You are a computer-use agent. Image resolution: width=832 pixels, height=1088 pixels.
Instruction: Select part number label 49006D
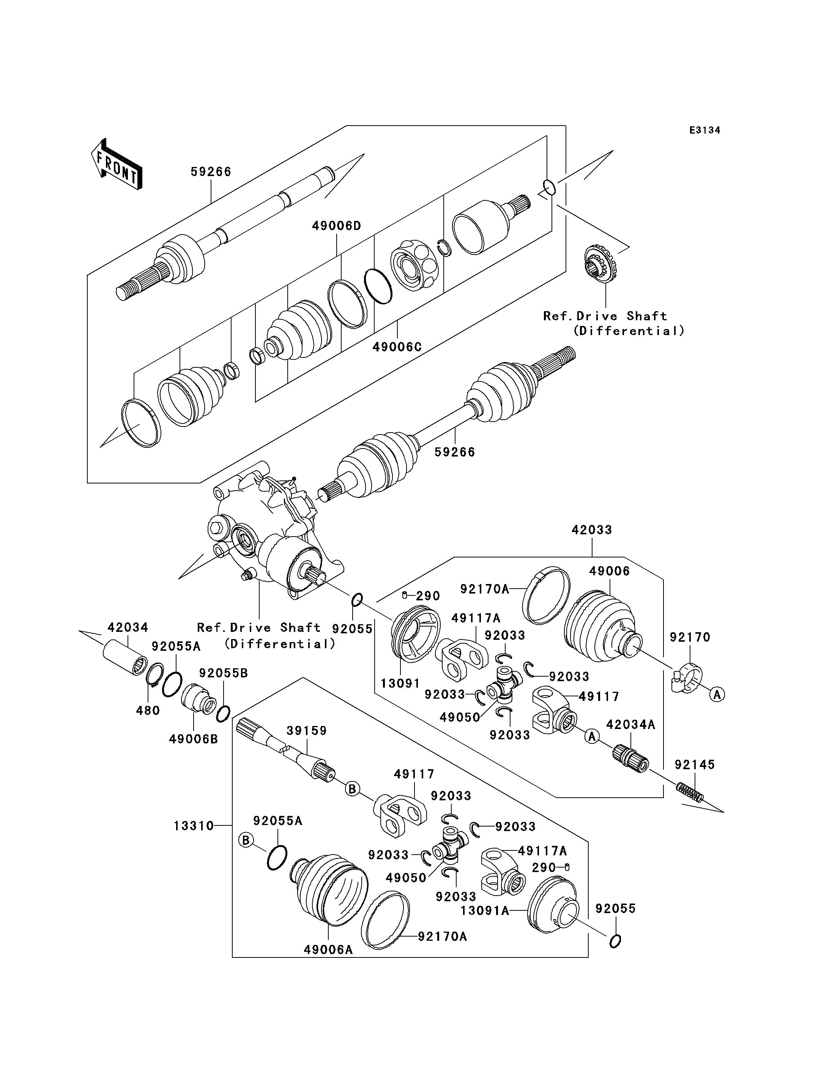(x=337, y=226)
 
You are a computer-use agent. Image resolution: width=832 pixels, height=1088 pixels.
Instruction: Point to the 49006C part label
(x=397, y=346)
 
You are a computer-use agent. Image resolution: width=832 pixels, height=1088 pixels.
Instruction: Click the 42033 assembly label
(x=592, y=530)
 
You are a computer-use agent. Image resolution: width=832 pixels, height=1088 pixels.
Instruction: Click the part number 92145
(x=695, y=765)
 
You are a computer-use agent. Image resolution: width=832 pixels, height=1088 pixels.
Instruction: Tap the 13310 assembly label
(x=194, y=826)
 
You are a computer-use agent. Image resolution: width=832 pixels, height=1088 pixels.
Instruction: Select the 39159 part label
(x=307, y=731)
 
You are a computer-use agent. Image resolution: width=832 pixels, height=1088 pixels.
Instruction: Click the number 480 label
(x=148, y=711)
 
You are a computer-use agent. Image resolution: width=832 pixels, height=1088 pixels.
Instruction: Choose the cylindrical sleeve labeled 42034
(x=125, y=657)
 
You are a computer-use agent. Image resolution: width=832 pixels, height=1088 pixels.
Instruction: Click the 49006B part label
(x=194, y=739)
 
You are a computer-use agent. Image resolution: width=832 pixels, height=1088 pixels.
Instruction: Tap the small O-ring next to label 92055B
(x=223, y=713)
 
